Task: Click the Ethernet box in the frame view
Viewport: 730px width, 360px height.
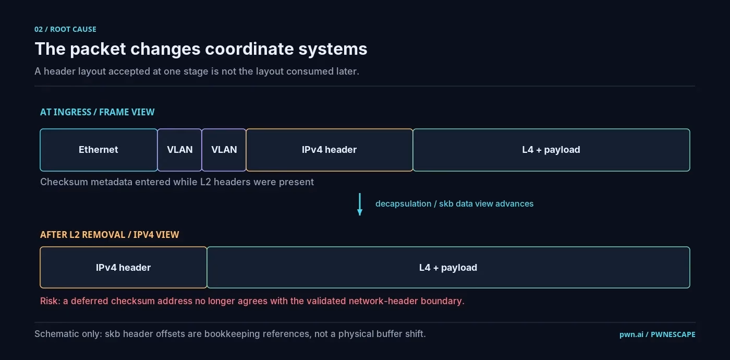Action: tap(99, 150)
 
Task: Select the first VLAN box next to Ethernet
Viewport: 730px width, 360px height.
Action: tap(179, 150)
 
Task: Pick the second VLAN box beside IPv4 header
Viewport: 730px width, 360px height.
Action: tap(224, 150)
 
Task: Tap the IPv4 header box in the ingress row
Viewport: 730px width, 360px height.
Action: tap(329, 150)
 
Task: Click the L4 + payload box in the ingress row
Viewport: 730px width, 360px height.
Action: tap(551, 150)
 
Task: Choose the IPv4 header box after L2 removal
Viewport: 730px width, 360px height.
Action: tap(123, 267)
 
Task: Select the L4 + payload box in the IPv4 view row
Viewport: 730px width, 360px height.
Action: tap(448, 267)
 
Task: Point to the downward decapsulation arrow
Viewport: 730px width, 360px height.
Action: tap(360, 204)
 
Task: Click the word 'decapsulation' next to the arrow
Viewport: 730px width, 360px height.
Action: tap(404, 204)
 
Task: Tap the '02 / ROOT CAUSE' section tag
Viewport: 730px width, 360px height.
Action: tap(66, 29)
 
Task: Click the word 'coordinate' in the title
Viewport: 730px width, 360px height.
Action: tap(249, 49)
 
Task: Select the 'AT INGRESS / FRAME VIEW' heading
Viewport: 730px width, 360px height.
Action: tap(97, 112)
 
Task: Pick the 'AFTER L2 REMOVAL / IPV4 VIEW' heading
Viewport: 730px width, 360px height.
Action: tap(110, 235)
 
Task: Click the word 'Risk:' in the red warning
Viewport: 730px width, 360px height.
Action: tap(50, 301)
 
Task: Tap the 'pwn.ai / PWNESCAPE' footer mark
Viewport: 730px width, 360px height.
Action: tap(658, 334)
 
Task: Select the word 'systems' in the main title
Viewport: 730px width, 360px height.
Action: tap(333, 50)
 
